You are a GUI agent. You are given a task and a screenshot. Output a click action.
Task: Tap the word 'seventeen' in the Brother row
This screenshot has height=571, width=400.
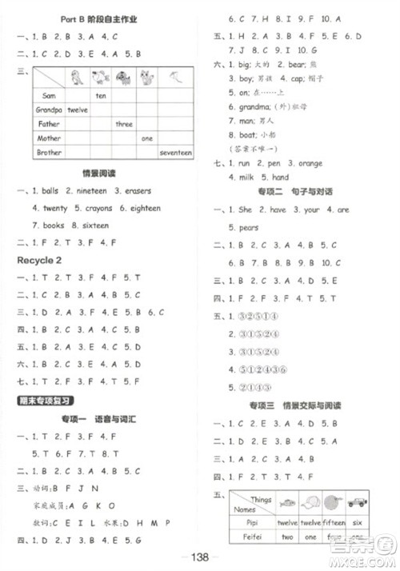click(x=176, y=152)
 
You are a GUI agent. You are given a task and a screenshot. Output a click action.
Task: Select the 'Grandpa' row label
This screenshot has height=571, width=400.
click(x=49, y=110)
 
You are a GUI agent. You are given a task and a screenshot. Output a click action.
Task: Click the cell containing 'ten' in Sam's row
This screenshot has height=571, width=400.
click(x=101, y=95)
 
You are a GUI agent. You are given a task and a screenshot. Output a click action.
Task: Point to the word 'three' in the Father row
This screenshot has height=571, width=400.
click(x=124, y=124)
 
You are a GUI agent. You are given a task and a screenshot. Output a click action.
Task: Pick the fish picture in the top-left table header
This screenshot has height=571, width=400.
click(x=78, y=78)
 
